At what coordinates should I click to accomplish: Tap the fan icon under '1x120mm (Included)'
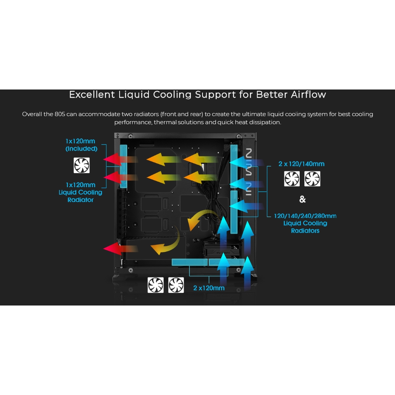tap(81, 165)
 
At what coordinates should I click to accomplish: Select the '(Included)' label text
tap(81, 149)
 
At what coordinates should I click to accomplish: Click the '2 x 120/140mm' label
tap(301, 164)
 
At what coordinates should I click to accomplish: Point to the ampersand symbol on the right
tap(302, 199)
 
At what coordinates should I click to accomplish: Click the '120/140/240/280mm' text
tap(305, 216)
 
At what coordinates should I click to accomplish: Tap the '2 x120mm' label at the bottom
tap(209, 288)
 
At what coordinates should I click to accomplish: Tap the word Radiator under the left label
tap(80, 200)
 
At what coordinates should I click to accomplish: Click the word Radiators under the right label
tap(305, 231)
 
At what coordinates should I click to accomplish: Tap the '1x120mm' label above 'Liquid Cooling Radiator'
tap(80, 185)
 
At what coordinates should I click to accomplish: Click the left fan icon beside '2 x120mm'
tap(156, 285)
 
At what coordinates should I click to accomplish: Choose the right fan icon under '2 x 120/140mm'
tap(312, 179)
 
